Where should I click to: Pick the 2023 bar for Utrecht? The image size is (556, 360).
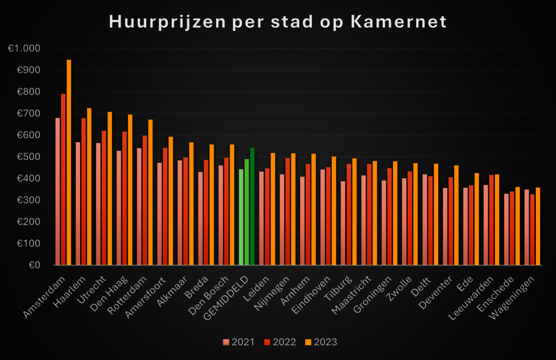click(110, 189)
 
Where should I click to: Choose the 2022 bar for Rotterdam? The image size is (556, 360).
click(145, 201)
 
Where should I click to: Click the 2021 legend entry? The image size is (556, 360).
click(239, 342)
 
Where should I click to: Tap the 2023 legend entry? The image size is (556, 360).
click(321, 342)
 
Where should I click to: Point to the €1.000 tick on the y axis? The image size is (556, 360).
click(24, 49)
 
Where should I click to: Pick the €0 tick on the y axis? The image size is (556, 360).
click(34, 266)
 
